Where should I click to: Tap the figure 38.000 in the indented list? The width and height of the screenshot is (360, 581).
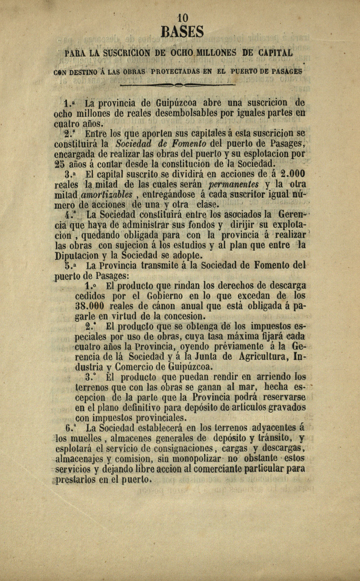pos(90,306)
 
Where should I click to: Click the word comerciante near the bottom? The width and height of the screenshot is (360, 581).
pos(217,468)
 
